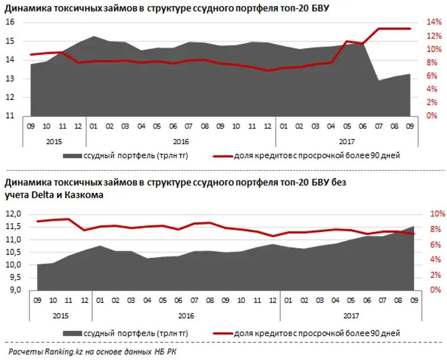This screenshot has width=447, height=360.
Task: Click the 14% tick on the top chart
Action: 434,22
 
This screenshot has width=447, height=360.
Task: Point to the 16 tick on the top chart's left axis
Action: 10,22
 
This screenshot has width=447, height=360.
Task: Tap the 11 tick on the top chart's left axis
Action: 10,116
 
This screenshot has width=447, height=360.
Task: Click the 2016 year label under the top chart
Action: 181,142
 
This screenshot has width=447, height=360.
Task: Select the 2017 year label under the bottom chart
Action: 350,316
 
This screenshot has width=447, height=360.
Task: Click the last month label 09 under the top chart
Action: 410,126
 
